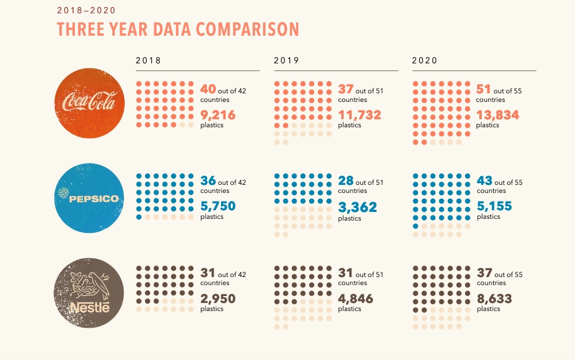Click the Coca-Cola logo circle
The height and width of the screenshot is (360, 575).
[90, 104]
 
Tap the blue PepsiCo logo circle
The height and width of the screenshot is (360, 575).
[90, 198]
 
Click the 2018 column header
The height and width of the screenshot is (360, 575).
[148, 60]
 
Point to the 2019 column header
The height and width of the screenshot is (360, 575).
[286, 60]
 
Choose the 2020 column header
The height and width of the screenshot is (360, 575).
[425, 60]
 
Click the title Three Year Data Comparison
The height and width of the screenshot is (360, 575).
[178, 29]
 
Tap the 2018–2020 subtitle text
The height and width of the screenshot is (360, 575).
[86, 10]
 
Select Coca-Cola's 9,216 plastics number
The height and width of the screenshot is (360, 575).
[218, 115]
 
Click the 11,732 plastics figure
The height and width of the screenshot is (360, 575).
[359, 115]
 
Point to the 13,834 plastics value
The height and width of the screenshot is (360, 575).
[498, 115]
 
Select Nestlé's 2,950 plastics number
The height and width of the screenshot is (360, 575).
[218, 299]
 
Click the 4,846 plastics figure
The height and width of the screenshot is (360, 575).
[355, 299]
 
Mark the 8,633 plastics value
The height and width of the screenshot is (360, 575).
[494, 299]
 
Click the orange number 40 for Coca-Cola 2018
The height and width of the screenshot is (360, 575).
[208, 89]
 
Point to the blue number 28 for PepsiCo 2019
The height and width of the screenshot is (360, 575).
[346, 181]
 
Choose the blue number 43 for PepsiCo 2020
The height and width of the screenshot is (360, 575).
[485, 181]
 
